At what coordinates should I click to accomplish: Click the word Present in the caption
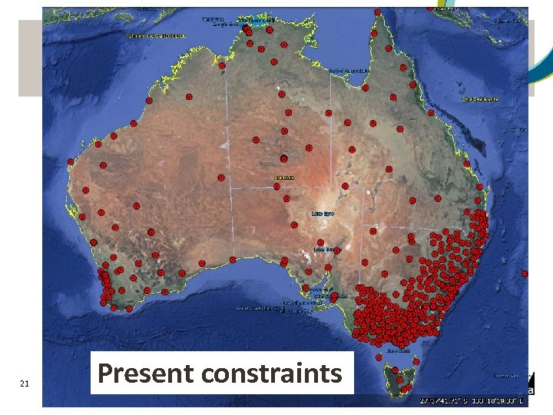pyautogui.click(x=144, y=373)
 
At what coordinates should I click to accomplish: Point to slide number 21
pyautogui.click(x=24, y=382)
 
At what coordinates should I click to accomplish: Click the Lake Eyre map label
pyautogui.click(x=323, y=214)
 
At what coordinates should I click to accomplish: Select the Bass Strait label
pyautogui.click(x=398, y=350)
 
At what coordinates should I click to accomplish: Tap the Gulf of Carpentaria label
pyautogui.click(x=349, y=71)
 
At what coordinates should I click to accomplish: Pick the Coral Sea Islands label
pyautogui.click(x=480, y=98)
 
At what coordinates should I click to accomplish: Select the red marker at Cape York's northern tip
pyautogui.click(x=377, y=12)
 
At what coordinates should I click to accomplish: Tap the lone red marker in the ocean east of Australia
pyautogui.click(x=526, y=273)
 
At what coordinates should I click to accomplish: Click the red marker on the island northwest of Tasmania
pyautogui.click(x=379, y=357)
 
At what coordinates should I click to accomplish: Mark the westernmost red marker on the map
pyautogui.click(x=71, y=161)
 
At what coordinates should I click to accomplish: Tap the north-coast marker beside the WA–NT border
pyautogui.click(x=223, y=66)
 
